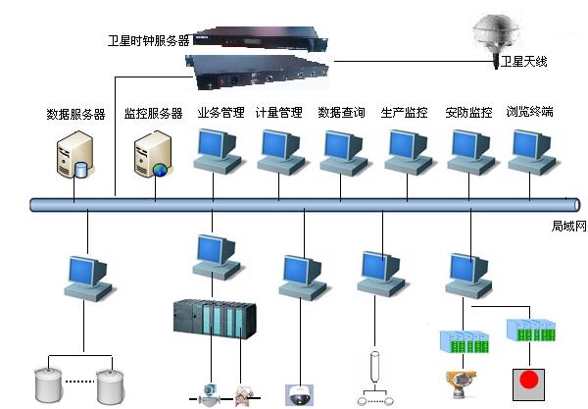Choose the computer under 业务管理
218,150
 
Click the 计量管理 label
279,113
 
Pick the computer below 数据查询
341,150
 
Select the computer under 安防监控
470,150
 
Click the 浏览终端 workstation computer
530,150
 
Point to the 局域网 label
567,227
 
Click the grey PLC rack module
215,321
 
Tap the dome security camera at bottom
299,395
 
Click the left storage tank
50,382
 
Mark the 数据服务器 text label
75,114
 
